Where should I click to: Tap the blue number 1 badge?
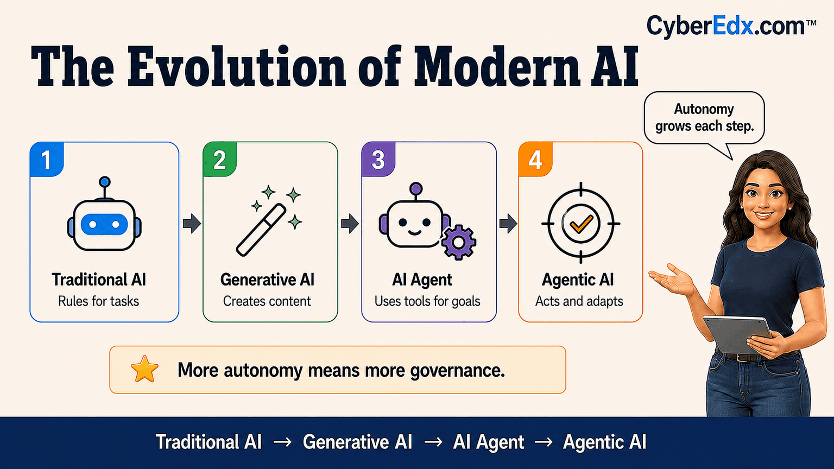click(x=47, y=159)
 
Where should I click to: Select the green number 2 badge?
click(x=220, y=159)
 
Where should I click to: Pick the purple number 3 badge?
click(x=378, y=159)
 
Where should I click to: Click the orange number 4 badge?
click(x=535, y=159)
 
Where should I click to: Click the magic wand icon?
click(x=269, y=221)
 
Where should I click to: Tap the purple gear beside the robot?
click(x=458, y=243)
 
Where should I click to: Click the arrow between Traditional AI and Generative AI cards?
click(x=192, y=223)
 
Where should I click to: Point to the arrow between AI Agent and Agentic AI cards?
click(x=508, y=223)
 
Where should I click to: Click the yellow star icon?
click(x=144, y=369)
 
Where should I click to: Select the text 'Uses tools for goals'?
click(x=427, y=301)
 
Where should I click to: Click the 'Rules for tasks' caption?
click(x=99, y=301)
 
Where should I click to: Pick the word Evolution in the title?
click(x=237, y=67)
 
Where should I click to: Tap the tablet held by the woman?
click(x=737, y=334)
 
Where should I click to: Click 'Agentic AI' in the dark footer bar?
click(x=605, y=442)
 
